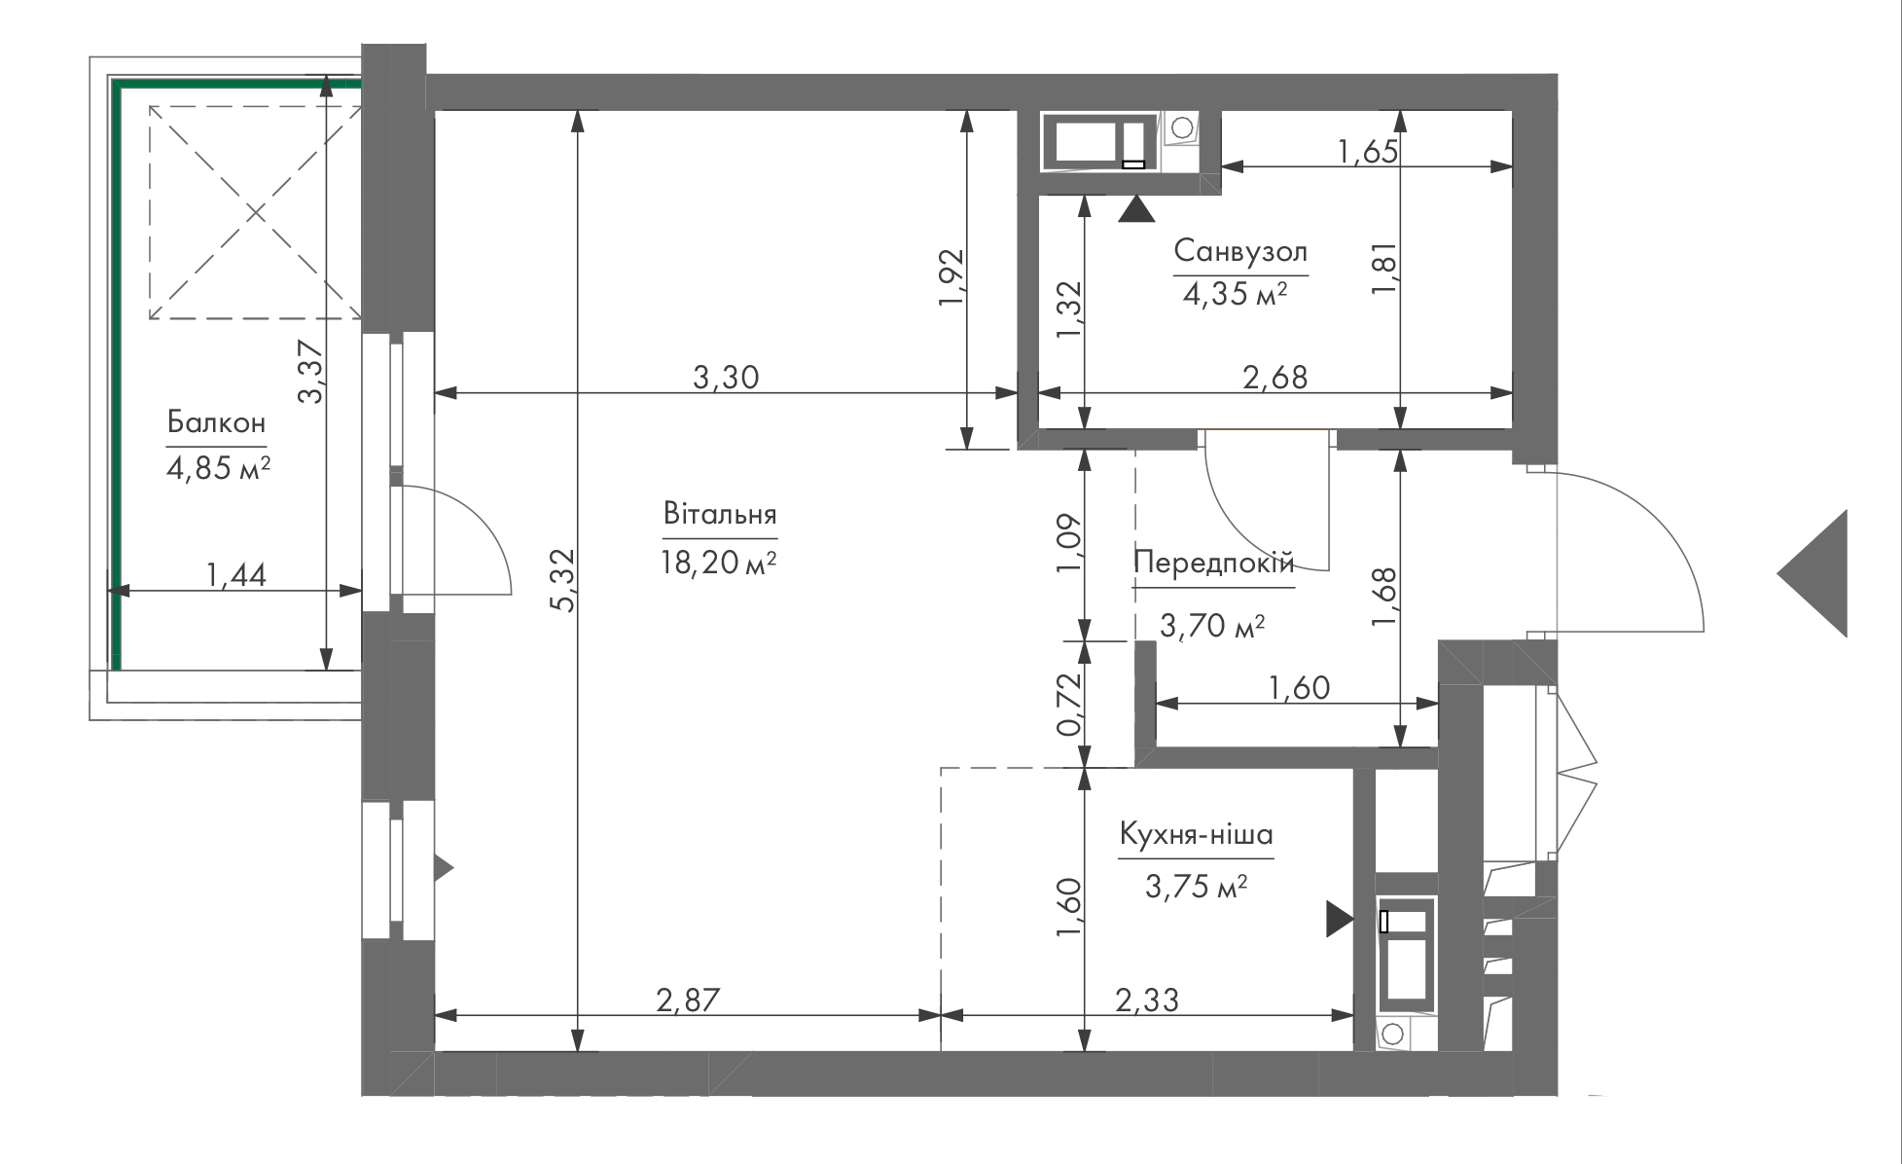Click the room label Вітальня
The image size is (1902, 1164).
tap(720, 514)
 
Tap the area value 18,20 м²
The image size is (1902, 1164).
tap(719, 564)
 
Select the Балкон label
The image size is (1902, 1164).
tap(216, 422)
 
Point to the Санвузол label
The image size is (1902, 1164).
tap(1240, 251)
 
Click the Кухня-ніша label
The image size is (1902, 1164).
tap(1196, 834)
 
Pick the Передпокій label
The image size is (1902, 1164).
tap(1214, 563)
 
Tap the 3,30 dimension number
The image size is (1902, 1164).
tap(726, 377)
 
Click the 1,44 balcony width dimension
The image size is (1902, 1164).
tap(236, 575)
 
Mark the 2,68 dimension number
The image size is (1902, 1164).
tap(1275, 377)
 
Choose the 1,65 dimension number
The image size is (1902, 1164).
tap(1368, 152)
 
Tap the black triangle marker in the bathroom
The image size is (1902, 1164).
tap(1136, 209)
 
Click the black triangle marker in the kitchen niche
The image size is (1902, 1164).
tap(1340, 919)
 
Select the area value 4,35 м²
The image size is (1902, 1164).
tap(1236, 293)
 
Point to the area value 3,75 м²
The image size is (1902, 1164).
tap(1197, 887)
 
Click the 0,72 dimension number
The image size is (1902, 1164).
tap(1069, 705)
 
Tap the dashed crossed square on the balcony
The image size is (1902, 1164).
tap(255, 212)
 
